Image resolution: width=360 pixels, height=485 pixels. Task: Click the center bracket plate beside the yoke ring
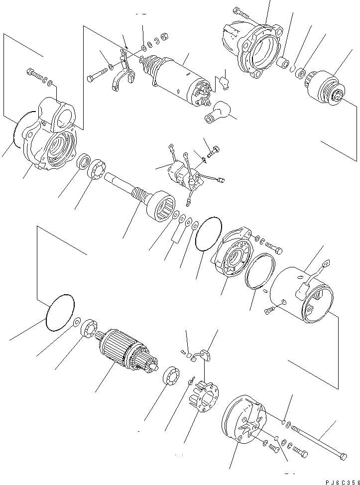tap(232, 254)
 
